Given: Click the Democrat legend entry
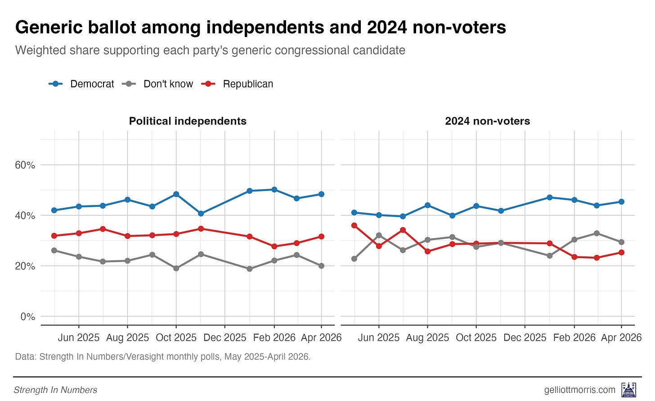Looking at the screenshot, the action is click(81, 84).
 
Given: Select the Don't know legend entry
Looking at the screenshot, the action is click(157, 84).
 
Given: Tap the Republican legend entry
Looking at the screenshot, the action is click(237, 84).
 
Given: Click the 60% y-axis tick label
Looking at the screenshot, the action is click(25, 165).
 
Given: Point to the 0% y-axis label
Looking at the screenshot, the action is click(28, 317).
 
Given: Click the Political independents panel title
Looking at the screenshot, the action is click(188, 121).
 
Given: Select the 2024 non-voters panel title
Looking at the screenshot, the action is click(488, 121).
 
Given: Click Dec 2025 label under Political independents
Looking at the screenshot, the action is click(225, 338).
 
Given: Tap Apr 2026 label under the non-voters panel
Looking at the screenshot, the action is click(621, 338).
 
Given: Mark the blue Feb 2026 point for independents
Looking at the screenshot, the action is click(274, 190).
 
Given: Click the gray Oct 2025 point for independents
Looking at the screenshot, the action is click(176, 269).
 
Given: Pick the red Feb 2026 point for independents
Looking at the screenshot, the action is click(274, 246).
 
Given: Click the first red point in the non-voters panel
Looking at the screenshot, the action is click(354, 225).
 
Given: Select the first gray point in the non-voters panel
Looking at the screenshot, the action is click(354, 259).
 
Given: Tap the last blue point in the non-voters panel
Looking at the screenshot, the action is click(621, 202).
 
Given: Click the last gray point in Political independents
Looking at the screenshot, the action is click(321, 266).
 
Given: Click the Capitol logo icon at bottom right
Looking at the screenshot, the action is click(629, 390).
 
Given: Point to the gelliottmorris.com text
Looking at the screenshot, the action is click(579, 390).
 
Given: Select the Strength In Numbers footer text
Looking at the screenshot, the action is click(55, 390).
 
